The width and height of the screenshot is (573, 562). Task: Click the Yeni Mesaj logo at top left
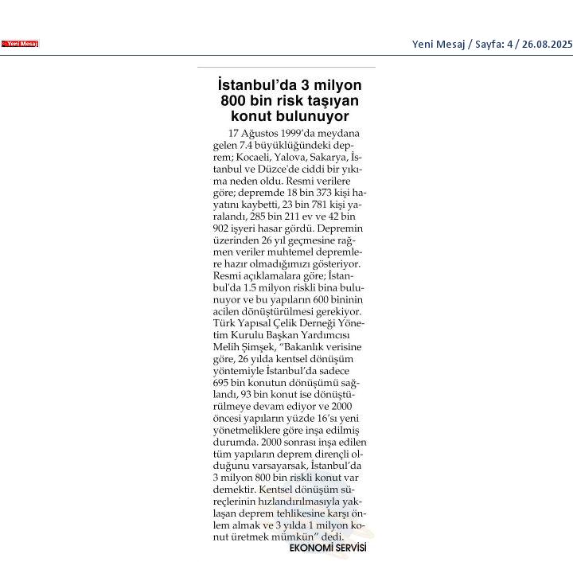20,44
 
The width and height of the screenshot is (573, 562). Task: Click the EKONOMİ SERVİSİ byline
327,548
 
